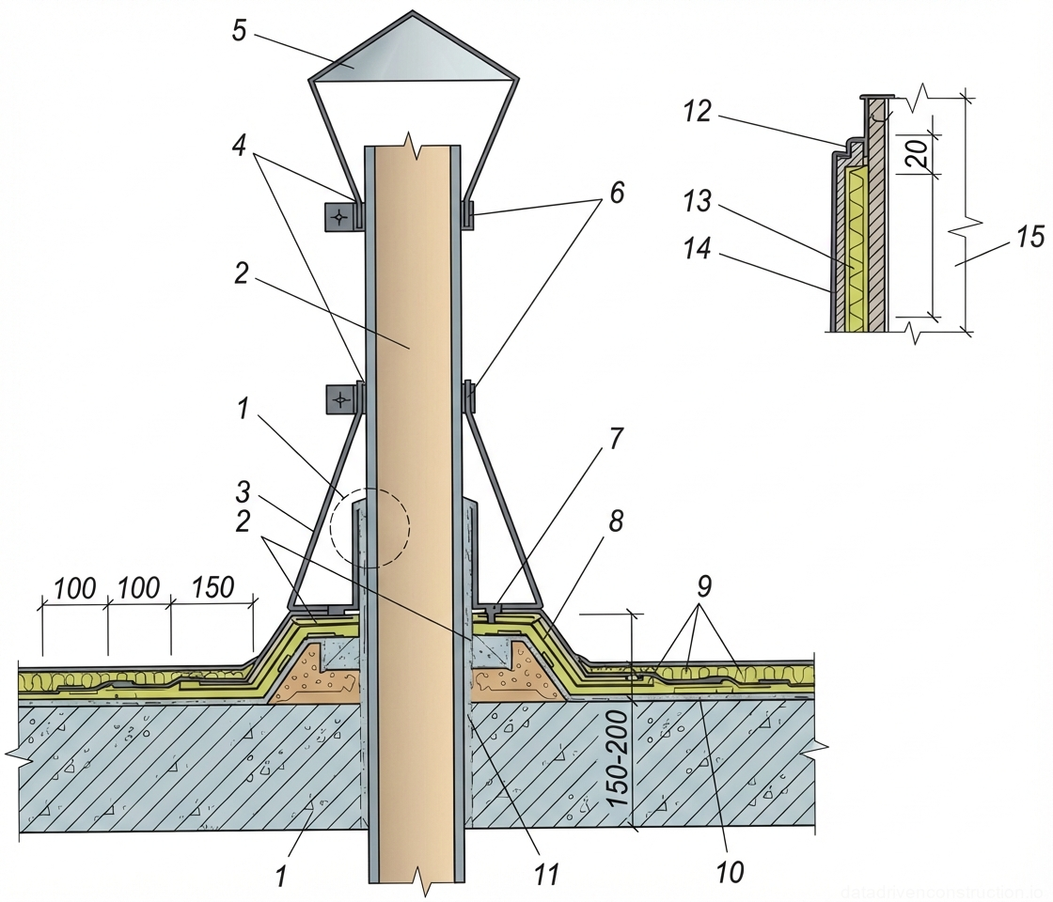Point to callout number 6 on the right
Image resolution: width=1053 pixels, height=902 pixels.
click(x=616, y=192)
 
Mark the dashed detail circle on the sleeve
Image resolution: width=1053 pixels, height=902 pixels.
click(x=369, y=527)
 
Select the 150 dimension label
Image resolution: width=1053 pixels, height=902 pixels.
click(x=213, y=588)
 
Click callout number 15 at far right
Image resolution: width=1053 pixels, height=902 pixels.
click(x=1029, y=237)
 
